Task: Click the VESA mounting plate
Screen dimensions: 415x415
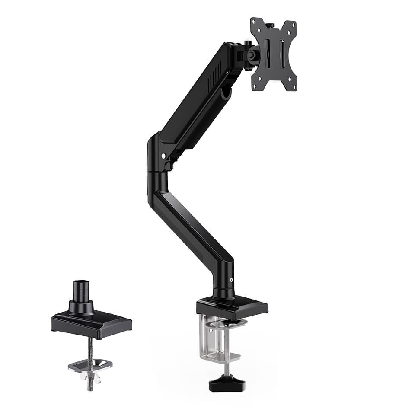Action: [x=274, y=69]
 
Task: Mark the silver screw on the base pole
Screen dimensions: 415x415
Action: [x=232, y=280]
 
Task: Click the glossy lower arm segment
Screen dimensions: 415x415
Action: [x=190, y=216]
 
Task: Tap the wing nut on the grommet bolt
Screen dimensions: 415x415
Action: [x=91, y=378]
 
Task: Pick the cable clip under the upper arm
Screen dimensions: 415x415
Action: [x=226, y=93]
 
